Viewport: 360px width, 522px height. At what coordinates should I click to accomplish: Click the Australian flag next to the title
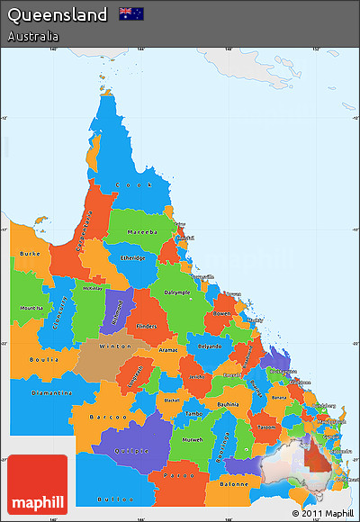pyautogui.click(x=131, y=13)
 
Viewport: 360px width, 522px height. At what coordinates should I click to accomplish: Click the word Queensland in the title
pyautogui.click(x=58, y=14)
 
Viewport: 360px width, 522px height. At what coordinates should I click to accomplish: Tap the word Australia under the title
pyautogui.click(x=33, y=37)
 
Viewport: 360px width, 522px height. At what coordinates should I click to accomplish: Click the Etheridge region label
pyautogui.click(x=132, y=258)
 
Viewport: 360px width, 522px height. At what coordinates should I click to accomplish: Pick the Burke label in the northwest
pyautogui.click(x=30, y=254)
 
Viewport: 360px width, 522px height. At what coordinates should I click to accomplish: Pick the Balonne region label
pyautogui.click(x=233, y=485)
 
